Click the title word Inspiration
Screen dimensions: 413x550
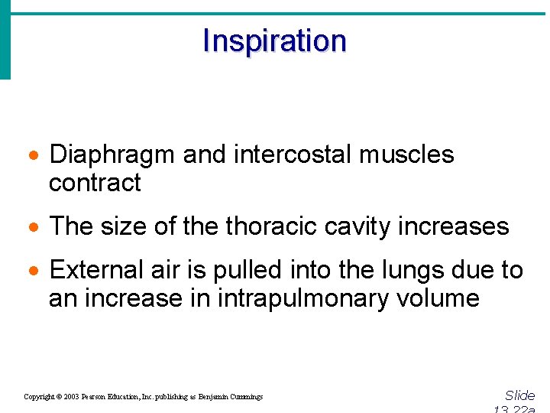pyautogui.click(x=274, y=41)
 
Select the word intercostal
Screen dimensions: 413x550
pyautogui.click(x=294, y=154)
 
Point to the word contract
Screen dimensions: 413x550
pyautogui.click(x=95, y=183)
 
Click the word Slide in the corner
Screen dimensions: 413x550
pyautogui.click(x=520, y=395)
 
